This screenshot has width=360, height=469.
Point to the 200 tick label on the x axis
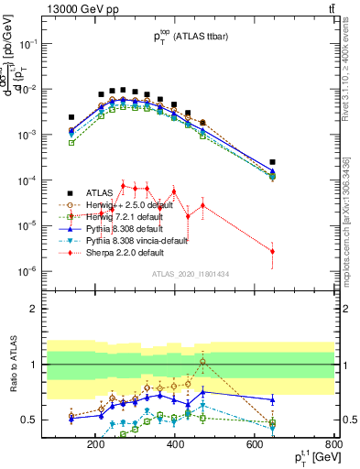point(95,445)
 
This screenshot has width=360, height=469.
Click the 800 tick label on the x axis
point(334,445)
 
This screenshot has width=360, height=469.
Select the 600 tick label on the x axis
point(255,445)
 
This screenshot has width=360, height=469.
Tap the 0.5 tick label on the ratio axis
point(53,420)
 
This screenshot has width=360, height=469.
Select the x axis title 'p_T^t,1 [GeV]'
point(312,458)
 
